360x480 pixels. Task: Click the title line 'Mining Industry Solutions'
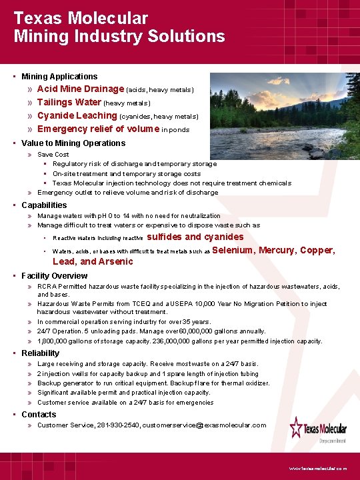point(119,36)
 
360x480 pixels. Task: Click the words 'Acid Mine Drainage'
point(81,89)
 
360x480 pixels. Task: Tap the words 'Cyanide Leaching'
point(77,115)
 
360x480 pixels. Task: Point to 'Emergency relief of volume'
point(98,129)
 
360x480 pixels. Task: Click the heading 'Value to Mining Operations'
point(73,143)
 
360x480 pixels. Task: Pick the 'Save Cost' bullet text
point(53,155)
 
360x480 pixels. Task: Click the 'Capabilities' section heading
point(44,205)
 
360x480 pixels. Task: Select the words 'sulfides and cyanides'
point(195,237)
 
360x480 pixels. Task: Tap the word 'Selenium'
point(233,250)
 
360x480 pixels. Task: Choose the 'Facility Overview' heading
point(54,276)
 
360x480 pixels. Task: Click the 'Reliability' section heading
point(40,353)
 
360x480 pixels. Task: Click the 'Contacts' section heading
point(39,415)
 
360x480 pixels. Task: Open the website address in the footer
point(318,469)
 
